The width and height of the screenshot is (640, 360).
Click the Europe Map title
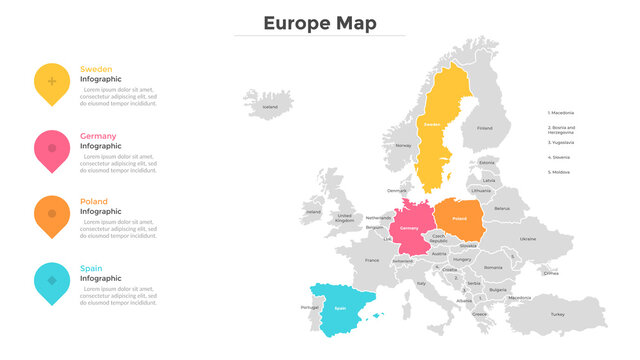tap(320, 23)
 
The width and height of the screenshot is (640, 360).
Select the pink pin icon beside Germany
tap(52, 148)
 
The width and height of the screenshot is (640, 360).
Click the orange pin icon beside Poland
tap(52, 213)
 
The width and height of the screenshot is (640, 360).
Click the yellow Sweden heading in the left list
tap(96, 69)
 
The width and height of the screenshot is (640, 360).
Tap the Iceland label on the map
tap(270, 106)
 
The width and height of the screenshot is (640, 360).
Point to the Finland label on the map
tap(485, 128)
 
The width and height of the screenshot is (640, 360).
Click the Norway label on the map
tap(403, 145)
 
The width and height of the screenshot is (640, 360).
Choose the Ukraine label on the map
tap(528, 239)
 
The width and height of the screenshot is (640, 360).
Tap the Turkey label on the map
tap(557, 314)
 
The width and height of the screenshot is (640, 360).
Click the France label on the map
tap(372, 260)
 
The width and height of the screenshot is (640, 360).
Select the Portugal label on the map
tap(309, 307)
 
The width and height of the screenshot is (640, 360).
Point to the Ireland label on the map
tap(314, 211)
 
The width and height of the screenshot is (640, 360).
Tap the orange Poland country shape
tap(459, 219)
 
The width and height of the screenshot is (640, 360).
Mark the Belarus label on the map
tap(502, 208)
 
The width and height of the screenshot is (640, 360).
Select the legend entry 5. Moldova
tap(558, 172)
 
